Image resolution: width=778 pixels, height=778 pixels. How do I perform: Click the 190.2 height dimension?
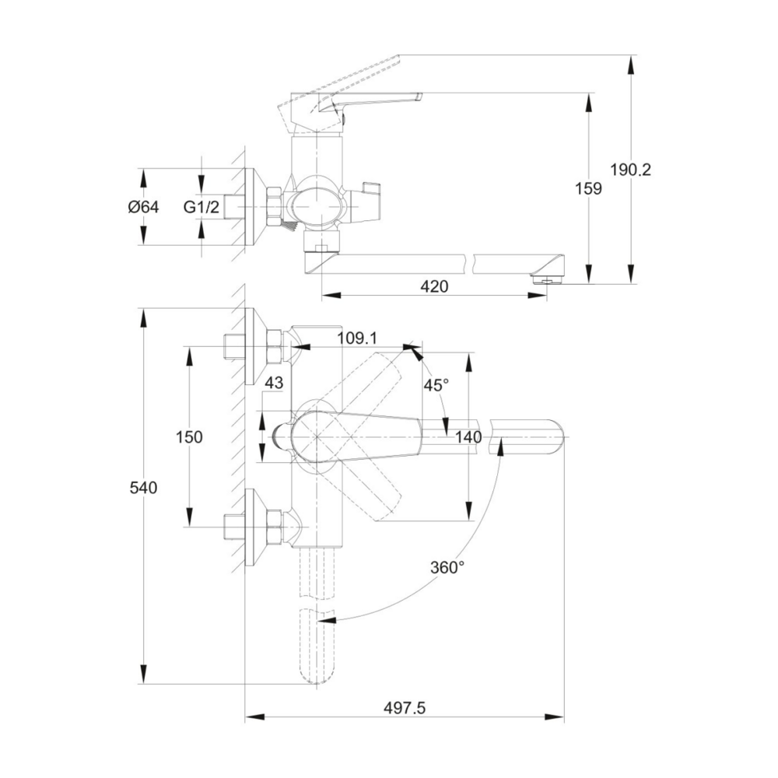[630, 170]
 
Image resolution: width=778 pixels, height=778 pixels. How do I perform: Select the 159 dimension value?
[588, 188]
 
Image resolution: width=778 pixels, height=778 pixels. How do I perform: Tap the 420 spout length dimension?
[434, 286]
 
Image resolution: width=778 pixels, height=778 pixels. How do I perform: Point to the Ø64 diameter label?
[143, 206]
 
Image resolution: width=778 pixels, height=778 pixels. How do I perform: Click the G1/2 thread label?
[201, 206]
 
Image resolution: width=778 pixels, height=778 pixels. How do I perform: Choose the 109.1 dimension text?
[357, 338]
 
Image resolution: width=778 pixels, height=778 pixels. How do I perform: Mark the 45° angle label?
[436, 384]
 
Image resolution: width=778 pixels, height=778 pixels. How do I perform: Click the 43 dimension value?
[274, 383]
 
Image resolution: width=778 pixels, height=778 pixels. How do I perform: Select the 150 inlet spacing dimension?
[189, 437]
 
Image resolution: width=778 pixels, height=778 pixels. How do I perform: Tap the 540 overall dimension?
[143, 488]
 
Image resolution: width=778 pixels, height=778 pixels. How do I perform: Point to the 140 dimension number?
[468, 437]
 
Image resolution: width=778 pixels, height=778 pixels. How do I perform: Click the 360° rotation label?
[447, 567]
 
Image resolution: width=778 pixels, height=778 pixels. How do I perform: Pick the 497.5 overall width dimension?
[405, 708]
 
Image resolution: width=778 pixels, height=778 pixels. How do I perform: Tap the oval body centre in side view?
[316, 207]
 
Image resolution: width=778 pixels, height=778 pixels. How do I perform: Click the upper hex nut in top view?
[275, 345]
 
